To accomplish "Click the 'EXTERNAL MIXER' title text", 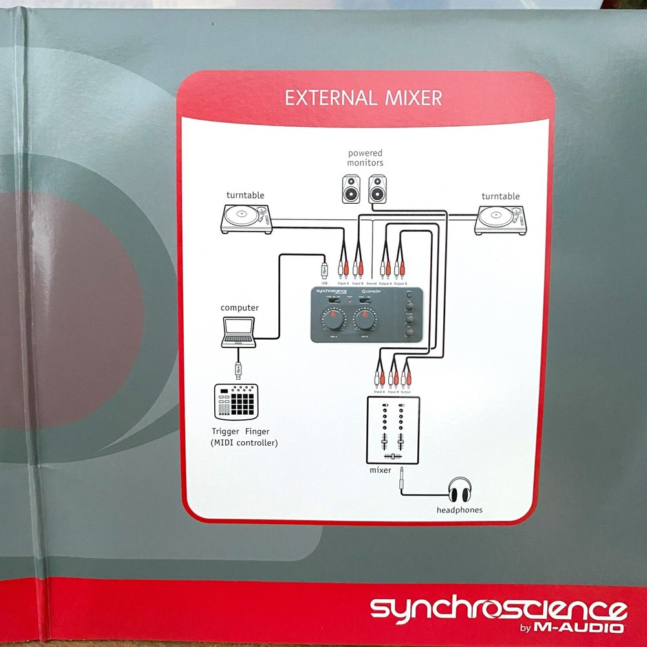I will [364, 98].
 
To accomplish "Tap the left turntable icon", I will [246, 218].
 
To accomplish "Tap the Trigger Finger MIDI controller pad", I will [235, 400].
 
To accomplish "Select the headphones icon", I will [460, 490].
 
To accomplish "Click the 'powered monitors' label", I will [366, 158].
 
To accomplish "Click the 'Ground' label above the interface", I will [371, 283].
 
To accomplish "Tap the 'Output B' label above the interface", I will [400, 283].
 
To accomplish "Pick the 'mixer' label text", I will [380, 470].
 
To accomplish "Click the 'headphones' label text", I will [459, 510].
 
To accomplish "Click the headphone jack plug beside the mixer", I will [402, 477].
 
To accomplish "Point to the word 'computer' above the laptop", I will [239, 307].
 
